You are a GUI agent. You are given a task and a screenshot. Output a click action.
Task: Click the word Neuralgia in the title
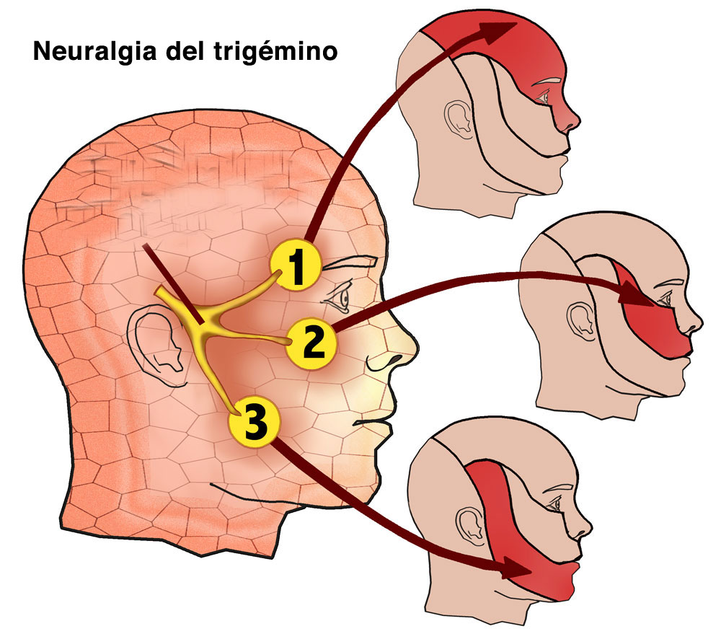[95, 51]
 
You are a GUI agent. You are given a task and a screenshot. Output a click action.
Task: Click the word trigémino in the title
[276, 50]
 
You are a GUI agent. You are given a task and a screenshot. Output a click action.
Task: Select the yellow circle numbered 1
[295, 265]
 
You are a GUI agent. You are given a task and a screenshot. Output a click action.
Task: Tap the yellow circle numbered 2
[311, 343]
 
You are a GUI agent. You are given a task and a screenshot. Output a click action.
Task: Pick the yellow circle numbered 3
[255, 423]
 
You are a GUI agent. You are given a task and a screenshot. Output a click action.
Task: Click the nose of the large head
[395, 343]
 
